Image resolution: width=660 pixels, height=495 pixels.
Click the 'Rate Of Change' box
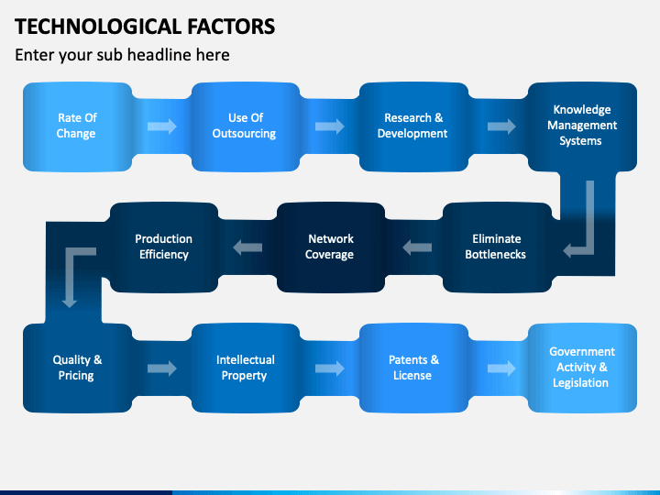pyautogui.click(x=76, y=126)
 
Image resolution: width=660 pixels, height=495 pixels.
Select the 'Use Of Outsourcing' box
pyautogui.click(x=245, y=126)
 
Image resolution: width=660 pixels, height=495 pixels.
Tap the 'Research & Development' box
pyautogui.click(x=412, y=126)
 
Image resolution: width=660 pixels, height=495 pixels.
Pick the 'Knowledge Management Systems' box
pyautogui.click(x=581, y=126)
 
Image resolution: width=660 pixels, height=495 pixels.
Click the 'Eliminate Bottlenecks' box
pyautogui.click(x=496, y=247)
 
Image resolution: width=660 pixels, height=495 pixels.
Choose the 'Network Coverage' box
pyautogui.click(x=329, y=247)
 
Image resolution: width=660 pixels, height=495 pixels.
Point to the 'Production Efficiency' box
pyautogui.click(x=163, y=247)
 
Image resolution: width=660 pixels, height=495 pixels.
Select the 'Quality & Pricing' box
pyautogui.click(x=76, y=368)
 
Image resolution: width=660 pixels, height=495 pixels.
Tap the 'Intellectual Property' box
pyautogui.click(x=245, y=368)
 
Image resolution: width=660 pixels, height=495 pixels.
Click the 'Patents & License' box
pyautogui.click(x=412, y=368)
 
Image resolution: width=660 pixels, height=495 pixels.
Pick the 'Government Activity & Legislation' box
pyautogui.click(x=581, y=368)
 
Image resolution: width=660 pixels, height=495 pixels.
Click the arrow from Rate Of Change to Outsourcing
pyautogui.click(x=161, y=126)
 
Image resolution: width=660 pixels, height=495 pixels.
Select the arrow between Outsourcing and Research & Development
pyautogui.click(x=330, y=126)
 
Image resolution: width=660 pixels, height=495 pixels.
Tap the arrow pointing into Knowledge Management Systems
pyautogui.click(x=501, y=126)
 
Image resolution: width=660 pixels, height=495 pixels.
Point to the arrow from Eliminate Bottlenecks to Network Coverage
pyautogui.click(x=417, y=246)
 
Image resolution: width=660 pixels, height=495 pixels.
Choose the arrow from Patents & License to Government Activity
pyautogui.click(x=501, y=368)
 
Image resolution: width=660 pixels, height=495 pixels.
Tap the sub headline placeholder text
pyautogui.click(x=122, y=55)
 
